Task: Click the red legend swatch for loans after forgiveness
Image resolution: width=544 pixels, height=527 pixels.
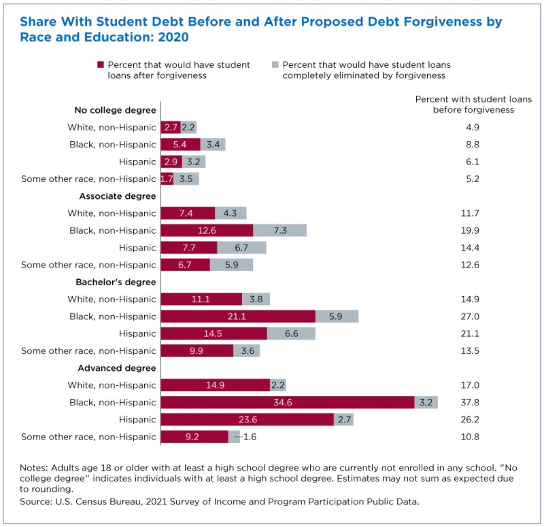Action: tap(101, 65)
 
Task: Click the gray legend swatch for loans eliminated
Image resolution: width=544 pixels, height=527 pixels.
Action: tap(275, 65)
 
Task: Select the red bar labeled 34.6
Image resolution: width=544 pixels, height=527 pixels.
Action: tap(287, 403)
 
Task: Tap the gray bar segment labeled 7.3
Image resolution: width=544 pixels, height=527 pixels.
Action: tap(279, 230)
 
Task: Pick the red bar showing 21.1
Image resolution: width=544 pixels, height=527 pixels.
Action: tap(238, 316)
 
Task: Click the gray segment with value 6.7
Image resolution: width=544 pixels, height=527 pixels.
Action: tap(241, 248)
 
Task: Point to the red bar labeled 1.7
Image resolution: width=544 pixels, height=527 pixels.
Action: tap(167, 179)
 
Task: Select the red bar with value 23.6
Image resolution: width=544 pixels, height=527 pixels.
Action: tap(247, 420)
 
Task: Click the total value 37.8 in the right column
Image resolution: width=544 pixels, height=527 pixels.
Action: tap(470, 403)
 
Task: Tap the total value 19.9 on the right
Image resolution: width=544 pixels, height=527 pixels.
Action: tap(470, 230)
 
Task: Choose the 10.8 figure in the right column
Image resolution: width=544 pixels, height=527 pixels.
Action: tap(470, 437)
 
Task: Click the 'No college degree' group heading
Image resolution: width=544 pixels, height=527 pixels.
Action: tap(115, 110)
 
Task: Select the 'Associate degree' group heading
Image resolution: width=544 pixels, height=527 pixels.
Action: tap(118, 196)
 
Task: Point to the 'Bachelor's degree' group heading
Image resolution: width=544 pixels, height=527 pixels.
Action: tap(118, 282)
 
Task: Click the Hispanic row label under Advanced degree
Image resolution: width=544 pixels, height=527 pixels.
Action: tap(137, 420)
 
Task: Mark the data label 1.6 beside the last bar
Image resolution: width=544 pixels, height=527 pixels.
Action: tap(250, 437)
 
